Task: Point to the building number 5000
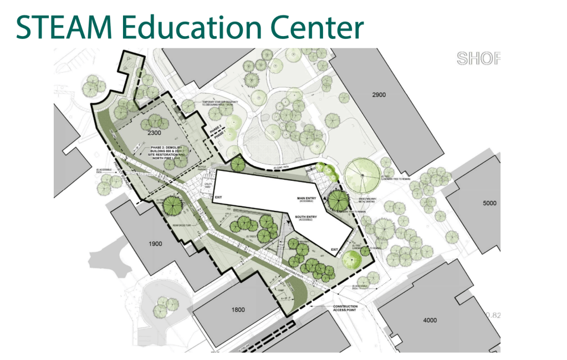[x=489, y=203]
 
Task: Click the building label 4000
[x=430, y=320]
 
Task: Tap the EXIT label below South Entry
[x=334, y=250]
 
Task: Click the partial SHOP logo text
[x=478, y=58]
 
